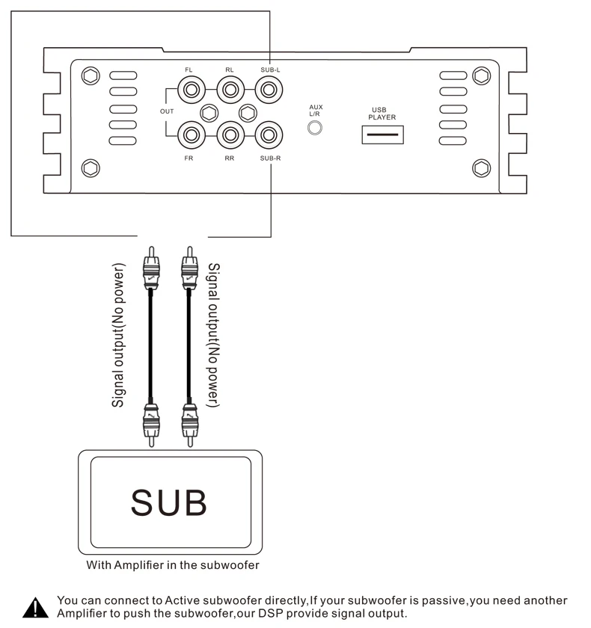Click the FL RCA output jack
click(x=191, y=90)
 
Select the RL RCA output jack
click(x=230, y=90)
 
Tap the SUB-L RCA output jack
click(x=269, y=90)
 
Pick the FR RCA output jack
click(x=191, y=135)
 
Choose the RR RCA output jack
click(x=230, y=135)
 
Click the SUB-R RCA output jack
click(x=269, y=135)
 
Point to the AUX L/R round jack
click(x=314, y=128)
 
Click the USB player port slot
click(x=382, y=135)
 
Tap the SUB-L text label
click(x=271, y=70)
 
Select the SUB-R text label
click(x=271, y=158)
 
